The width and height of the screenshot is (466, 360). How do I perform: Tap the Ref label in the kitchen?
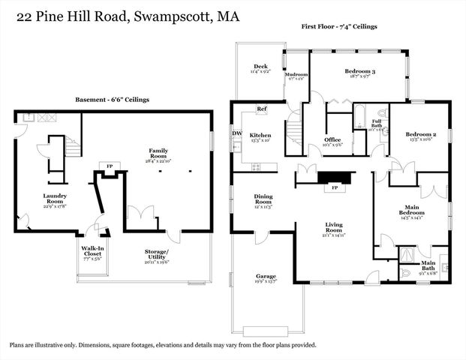(262, 109)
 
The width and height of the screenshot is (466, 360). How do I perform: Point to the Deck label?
(260, 66)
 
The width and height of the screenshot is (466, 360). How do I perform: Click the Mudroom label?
(296, 75)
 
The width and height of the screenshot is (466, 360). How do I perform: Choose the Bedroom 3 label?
(359, 71)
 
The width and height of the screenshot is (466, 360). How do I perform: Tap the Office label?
(332, 140)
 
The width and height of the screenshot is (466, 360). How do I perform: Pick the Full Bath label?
(376, 121)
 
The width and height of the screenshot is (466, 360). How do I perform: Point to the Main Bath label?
(428, 262)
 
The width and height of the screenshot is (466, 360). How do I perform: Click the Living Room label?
(333, 226)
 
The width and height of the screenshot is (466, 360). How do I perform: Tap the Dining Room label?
(263, 199)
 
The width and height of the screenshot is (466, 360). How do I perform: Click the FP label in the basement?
(110, 166)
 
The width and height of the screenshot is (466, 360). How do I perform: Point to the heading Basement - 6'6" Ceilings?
(112, 100)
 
